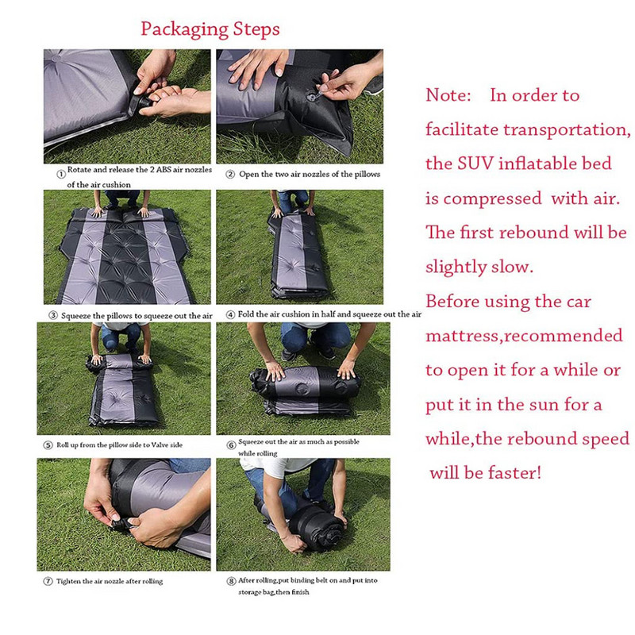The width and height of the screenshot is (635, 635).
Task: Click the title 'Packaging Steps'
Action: click(x=210, y=29)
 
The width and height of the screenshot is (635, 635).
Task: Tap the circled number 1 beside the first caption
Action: click(x=61, y=174)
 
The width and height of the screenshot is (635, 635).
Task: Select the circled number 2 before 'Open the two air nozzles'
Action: click(x=230, y=175)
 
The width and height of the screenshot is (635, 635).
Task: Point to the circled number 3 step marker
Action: click(x=53, y=315)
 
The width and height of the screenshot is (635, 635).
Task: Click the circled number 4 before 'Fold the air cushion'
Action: click(x=230, y=314)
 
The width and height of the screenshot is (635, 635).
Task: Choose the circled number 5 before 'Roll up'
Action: click(x=48, y=445)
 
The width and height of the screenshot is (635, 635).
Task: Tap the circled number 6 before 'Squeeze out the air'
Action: click(x=231, y=445)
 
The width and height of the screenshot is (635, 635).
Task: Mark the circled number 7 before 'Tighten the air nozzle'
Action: click(x=48, y=582)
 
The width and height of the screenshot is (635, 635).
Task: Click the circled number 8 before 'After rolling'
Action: click(x=231, y=582)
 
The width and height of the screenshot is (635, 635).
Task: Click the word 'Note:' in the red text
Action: click(x=448, y=95)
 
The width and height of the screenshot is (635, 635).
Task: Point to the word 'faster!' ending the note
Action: click(x=514, y=472)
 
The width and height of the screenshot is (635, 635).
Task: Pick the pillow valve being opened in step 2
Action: click(x=313, y=96)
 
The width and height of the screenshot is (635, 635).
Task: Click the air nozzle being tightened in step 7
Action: click(x=121, y=525)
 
